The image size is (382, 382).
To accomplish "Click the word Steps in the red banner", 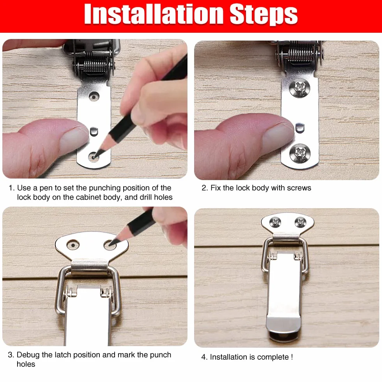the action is [264, 15].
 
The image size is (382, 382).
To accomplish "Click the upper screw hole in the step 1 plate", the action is [94, 97].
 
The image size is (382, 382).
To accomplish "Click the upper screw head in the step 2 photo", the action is [300, 87].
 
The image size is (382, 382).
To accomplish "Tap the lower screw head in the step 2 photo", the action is [300, 153].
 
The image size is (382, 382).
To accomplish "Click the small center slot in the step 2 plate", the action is [300, 128].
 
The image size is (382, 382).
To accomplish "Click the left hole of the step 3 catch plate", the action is [73, 245].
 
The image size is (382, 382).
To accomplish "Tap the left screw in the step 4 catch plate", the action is [275, 222].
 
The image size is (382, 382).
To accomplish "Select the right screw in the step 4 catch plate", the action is [301, 222].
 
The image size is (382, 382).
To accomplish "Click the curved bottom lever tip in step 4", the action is [283, 328].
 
